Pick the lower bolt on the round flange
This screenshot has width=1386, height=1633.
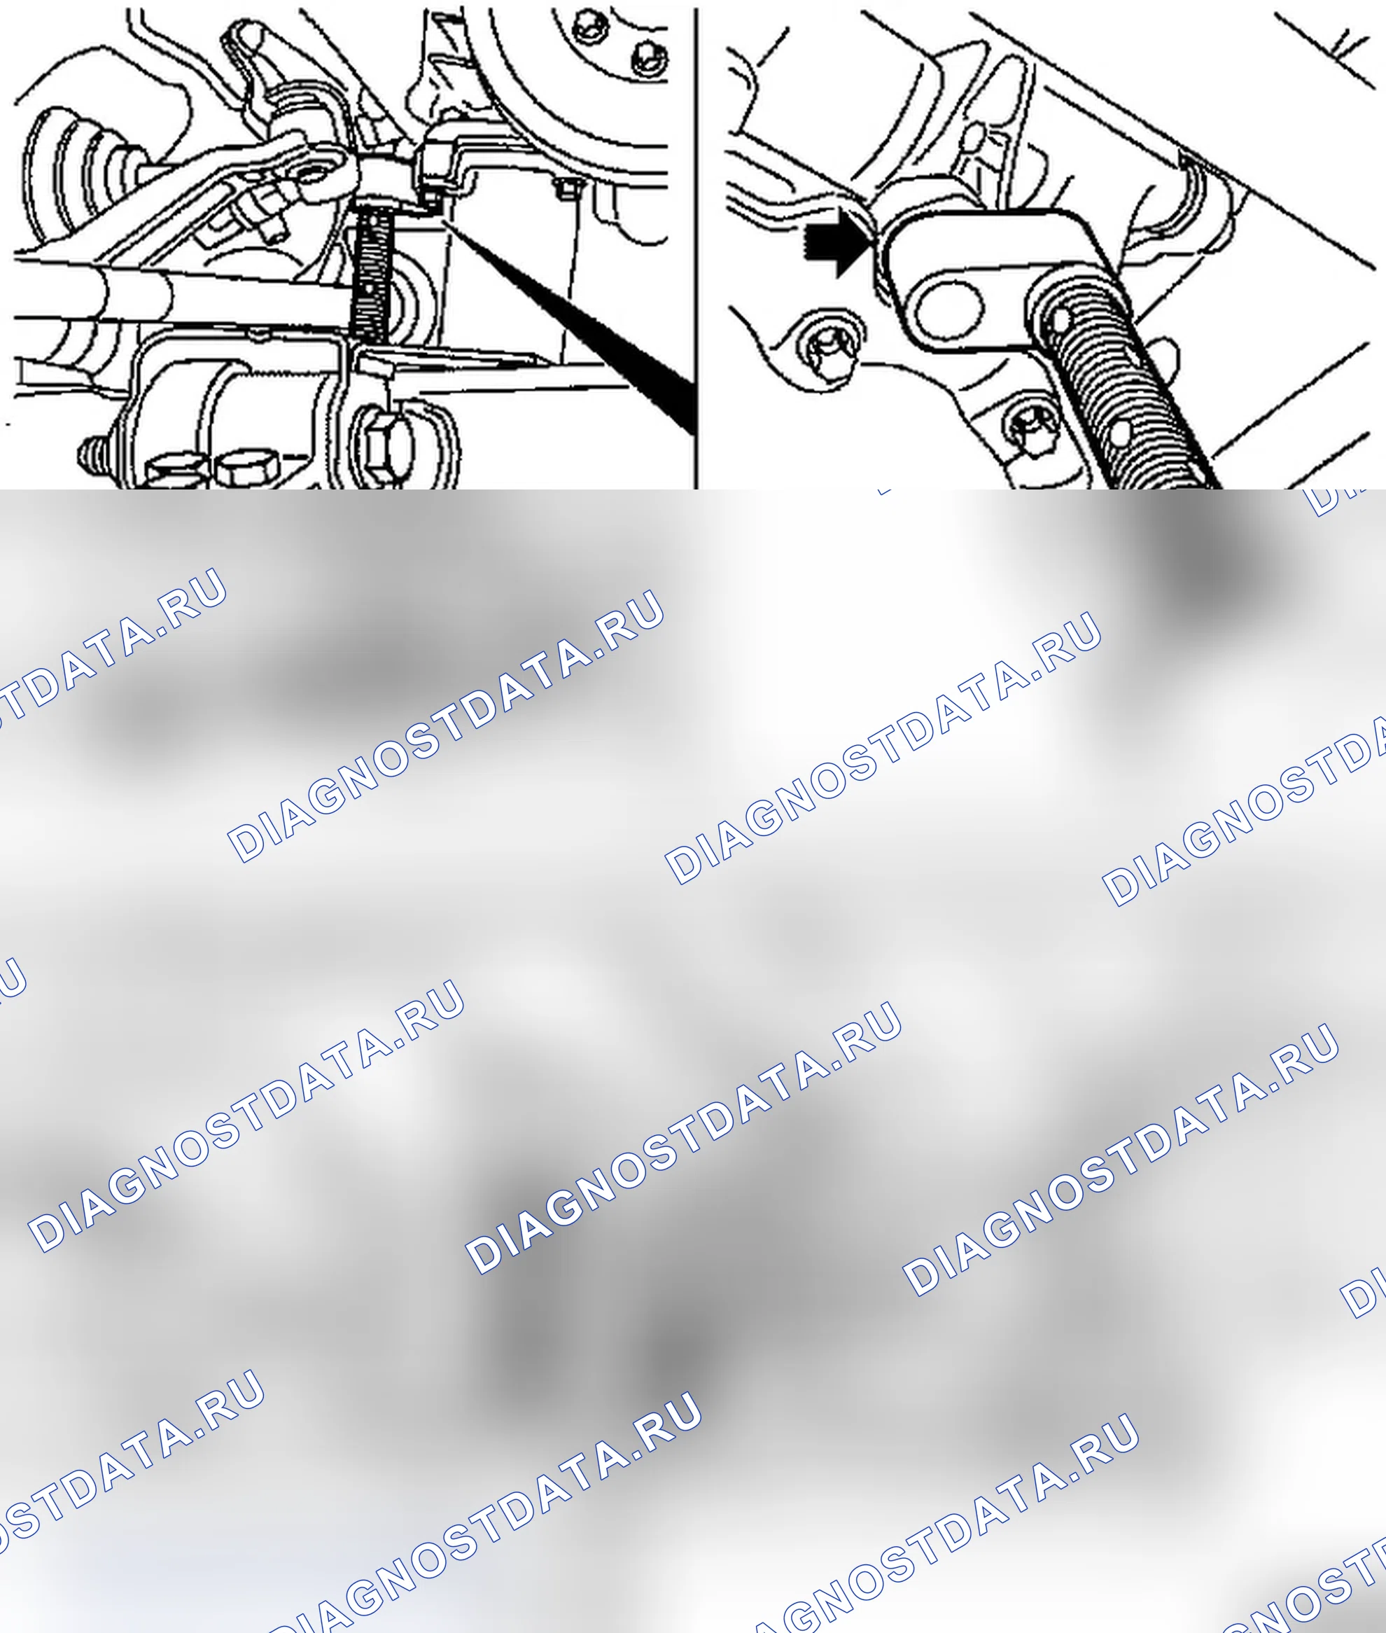click(x=648, y=57)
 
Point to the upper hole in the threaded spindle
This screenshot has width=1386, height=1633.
click(x=1060, y=320)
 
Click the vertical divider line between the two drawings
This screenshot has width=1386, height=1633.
click(x=696, y=249)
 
